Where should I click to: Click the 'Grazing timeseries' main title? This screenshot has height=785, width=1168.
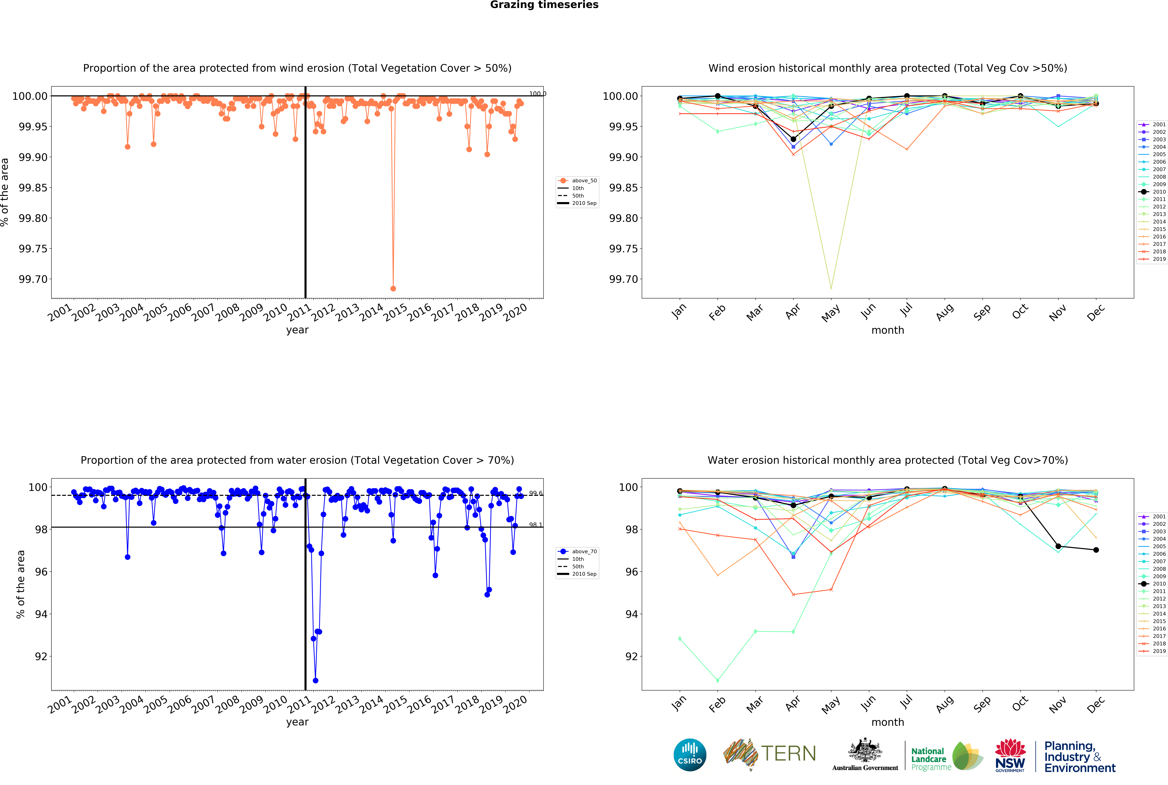544,5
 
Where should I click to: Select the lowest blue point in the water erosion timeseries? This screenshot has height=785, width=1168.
315,680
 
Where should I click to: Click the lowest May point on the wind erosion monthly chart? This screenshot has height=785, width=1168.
831,288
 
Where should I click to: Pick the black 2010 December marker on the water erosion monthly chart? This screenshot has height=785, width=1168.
1096,550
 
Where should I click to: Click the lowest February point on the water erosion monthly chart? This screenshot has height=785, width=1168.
718,680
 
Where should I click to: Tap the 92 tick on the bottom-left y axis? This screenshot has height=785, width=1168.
41,656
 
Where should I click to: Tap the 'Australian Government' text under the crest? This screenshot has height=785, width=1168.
865,767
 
